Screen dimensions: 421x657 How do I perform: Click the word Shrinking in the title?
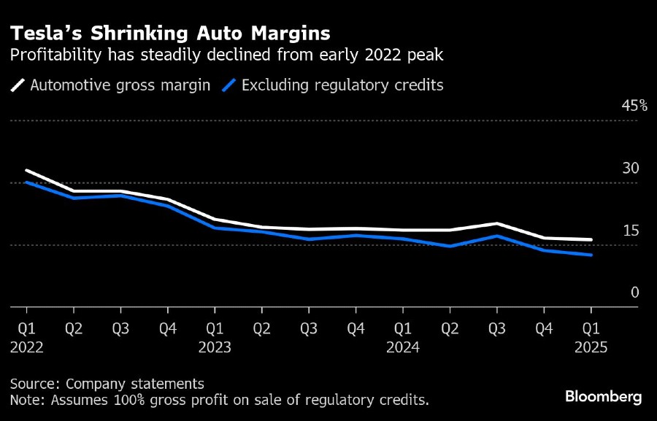pos(131,33)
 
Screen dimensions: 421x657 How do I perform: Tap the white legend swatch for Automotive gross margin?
pos(18,85)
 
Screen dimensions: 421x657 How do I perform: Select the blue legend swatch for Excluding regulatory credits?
pos(229,85)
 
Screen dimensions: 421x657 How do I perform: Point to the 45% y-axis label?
pos(634,106)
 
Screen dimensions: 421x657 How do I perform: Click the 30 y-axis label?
pos(630,168)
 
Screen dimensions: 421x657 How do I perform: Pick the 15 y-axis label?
pos(630,231)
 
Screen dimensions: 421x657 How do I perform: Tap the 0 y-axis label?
pos(634,293)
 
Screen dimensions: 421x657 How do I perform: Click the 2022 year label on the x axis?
pos(26,347)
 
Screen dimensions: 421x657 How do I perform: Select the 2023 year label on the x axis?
pos(215,347)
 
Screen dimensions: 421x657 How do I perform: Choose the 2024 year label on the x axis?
pos(403,347)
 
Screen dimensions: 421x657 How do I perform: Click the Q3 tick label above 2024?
pos(497,328)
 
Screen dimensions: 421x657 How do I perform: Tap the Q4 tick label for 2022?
pos(168,328)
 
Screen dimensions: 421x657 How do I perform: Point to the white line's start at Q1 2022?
pos(26,171)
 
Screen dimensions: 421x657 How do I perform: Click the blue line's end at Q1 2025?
pos(591,255)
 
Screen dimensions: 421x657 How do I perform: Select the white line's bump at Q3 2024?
pos(497,223)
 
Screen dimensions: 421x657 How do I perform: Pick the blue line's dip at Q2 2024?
pos(450,246)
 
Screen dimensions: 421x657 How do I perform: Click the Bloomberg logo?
pos(603,397)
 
